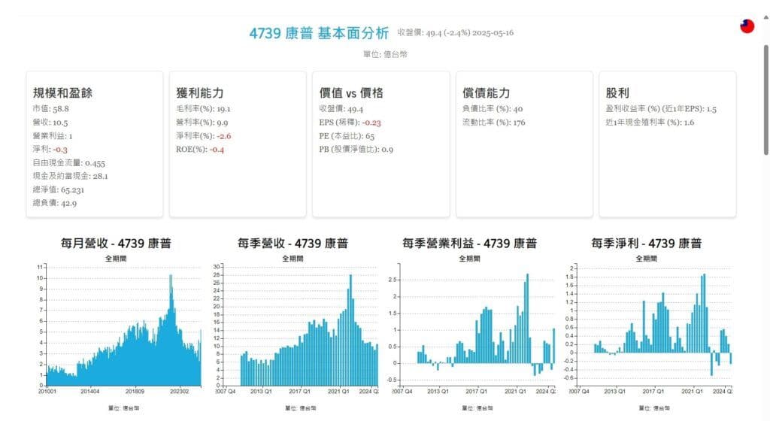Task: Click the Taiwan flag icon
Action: tap(747, 26)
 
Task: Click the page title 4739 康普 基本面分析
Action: tap(319, 33)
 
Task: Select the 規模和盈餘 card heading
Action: tap(62, 93)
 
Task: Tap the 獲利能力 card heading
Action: tap(199, 93)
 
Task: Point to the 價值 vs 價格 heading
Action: tap(351, 93)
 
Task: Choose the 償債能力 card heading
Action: tap(487, 93)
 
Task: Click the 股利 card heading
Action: tap(617, 93)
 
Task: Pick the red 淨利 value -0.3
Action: tap(60, 150)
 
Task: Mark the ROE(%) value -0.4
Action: tap(217, 150)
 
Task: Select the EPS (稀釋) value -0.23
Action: tap(371, 123)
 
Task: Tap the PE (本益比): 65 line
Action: tap(347, 136)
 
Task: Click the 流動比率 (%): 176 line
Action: tap(494, 123)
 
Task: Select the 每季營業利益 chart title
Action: tap(469, 244)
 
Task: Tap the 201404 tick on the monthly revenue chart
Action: tap(90, 391)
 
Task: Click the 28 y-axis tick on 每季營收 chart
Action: tap(216, 275)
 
